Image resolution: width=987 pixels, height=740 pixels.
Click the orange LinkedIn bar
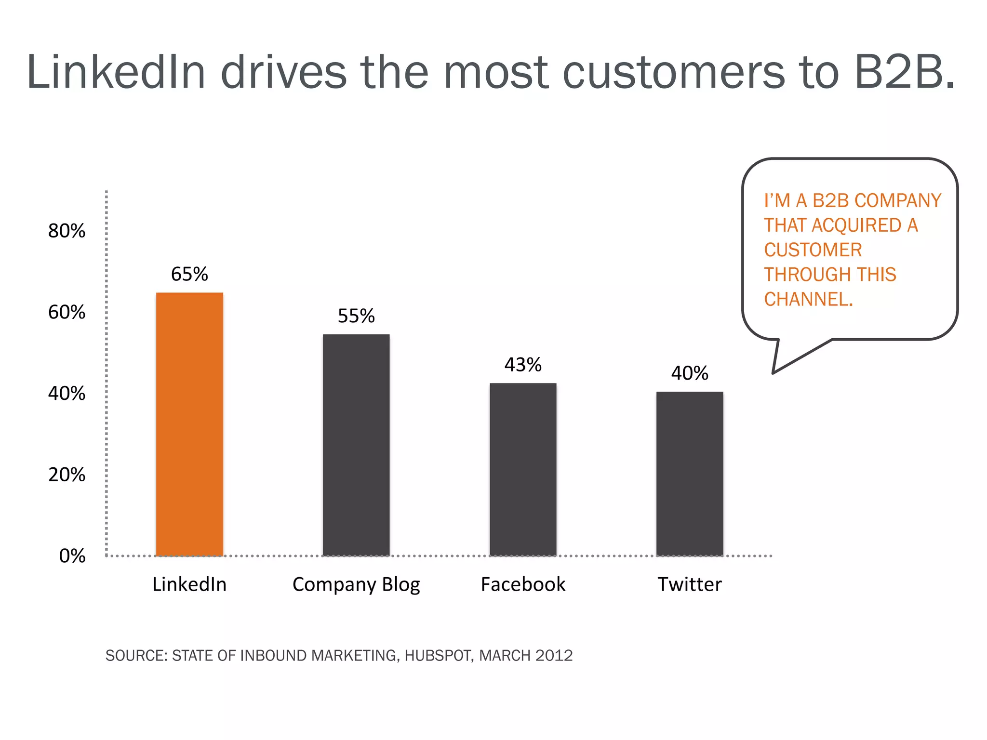coord(189,424)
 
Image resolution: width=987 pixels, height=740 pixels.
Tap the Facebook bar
coord(523,469)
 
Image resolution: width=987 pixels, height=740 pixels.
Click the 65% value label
coord(189,274)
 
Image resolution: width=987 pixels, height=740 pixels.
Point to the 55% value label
coord(356,316)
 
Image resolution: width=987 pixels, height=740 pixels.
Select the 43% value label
coord(523,365)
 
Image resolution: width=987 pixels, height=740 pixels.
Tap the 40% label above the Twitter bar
coord(690,373)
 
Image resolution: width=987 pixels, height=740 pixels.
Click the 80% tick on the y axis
coord(67,231)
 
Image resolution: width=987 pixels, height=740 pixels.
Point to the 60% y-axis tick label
coord(67,312)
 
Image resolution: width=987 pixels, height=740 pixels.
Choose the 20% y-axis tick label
coord(67,475)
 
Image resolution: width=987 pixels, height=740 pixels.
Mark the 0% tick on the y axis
coord(72,556)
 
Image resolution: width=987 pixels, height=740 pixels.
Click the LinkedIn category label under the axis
coord(189,584)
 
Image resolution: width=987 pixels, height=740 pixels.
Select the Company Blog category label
coord(356,585)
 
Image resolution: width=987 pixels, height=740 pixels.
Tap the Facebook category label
coord(523,584)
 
